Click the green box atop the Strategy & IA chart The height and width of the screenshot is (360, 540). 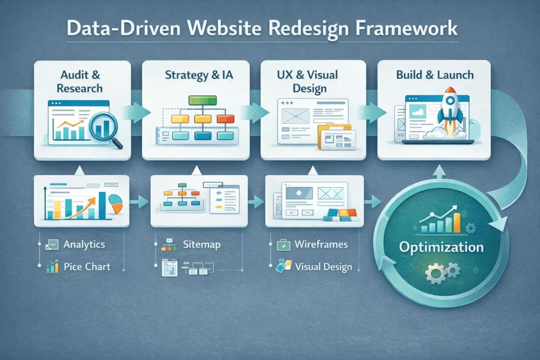point(202,100)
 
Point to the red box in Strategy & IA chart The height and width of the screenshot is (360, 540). point(226,119)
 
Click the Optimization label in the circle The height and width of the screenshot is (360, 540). point(441,247)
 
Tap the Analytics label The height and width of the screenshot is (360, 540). point(84,245)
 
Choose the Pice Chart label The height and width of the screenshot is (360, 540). point(87,266)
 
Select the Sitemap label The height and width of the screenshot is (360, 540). point(201,245)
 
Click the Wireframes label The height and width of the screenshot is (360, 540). point(321,245)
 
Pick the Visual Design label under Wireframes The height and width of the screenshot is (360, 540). point(323,267)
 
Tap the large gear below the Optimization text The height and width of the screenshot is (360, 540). point(436,274)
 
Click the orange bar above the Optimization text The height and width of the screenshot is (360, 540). point(456,222)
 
